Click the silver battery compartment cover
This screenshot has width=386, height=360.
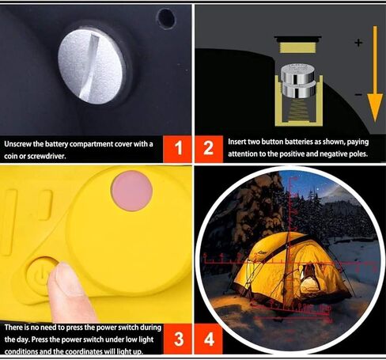coord(92,66)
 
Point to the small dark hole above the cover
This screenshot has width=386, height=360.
coord(166,18)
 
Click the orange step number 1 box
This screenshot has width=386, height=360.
coord(178,149)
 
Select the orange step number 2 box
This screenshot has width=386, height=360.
coord(209,149)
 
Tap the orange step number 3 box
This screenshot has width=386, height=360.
coord(179,339)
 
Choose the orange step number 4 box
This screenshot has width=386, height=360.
coord(209,339)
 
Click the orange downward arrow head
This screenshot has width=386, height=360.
coord(375,107)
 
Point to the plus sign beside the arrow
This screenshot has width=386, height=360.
coord(358,43)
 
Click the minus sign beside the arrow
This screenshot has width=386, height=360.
coord(358,94)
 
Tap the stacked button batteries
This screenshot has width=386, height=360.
coord(298,81)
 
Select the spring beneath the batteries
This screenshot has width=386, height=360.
coord(299,109)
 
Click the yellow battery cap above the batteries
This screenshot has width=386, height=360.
coord(297,47)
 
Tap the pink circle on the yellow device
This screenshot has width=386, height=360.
coord(132,191)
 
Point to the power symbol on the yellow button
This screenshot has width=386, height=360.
coord(40,275)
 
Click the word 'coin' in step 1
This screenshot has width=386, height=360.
coord(11,156)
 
